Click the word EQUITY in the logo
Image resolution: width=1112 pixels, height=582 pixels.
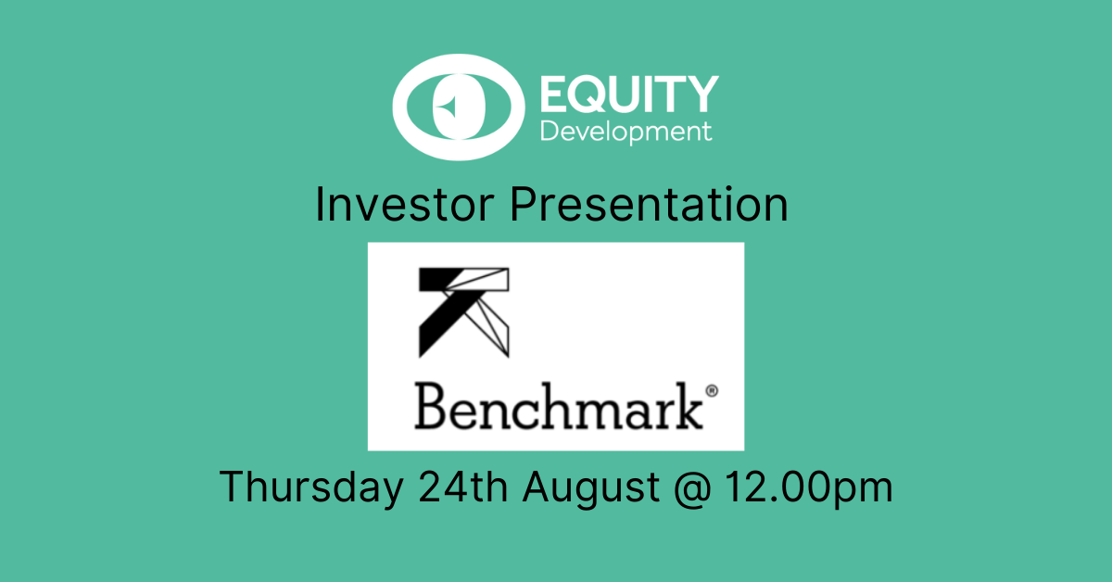click(x=629, y=94)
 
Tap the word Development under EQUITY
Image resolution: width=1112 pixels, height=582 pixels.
click(x=626, y=133)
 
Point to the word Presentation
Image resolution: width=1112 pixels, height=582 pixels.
click(x=650, y=205)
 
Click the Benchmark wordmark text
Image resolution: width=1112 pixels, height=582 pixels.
click(x=559, y=406)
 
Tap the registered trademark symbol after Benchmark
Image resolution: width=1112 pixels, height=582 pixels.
click(x=712, y=391)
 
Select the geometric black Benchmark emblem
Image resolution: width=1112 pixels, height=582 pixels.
click(x=463, y=312)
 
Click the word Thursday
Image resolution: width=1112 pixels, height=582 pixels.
click(x=311, y=488)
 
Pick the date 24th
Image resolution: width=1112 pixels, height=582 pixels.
click(x=462, y=487)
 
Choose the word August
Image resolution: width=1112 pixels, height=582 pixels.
click(x=591, y=489)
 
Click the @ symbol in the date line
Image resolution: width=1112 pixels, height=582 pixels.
click(x=693, y=489)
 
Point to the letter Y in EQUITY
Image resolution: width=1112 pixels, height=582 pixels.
click(x=701, y=94)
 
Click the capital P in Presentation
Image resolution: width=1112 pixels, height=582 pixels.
click(x=525, y=204)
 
